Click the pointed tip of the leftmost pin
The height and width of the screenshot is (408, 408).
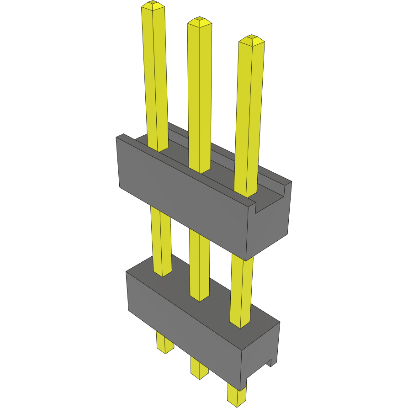153,5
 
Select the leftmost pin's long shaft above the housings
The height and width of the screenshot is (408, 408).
154,78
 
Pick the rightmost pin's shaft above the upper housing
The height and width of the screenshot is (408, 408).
249,114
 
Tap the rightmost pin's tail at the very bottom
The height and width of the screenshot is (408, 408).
236,395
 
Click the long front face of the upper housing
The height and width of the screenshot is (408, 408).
183,201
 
